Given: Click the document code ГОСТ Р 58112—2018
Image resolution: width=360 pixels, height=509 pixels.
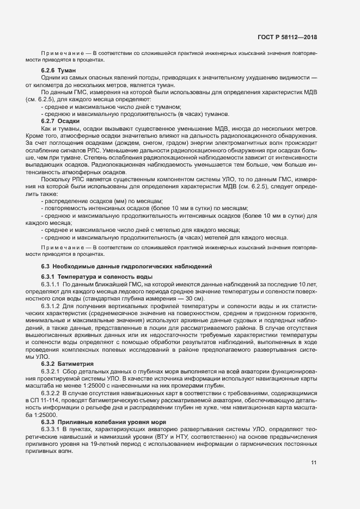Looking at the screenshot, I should tap(288, 37).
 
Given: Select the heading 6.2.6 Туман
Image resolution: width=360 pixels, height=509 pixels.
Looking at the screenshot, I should tap(58, 71).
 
